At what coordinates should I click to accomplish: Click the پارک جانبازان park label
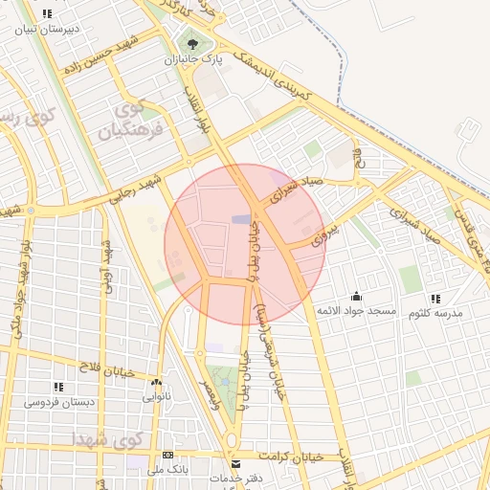click(x=202, y=59)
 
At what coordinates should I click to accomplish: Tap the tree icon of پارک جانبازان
click(x=195, y=43)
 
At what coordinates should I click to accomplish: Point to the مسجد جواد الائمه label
click(x=360, y=312)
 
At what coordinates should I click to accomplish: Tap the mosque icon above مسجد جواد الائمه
click(x=357, y=296)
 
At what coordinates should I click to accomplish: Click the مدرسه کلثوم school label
click(x=435, y=313)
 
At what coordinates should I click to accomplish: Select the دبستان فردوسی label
click(x=59, y=402)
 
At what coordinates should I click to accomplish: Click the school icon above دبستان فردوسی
click(x=59, y=387)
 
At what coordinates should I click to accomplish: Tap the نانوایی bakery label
click(x=157, y=395)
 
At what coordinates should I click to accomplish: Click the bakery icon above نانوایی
click(x=158, y=381)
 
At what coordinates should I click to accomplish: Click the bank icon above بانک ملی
click(x=168, y=456)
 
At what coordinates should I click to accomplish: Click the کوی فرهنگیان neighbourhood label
click(x=140, y=116)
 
